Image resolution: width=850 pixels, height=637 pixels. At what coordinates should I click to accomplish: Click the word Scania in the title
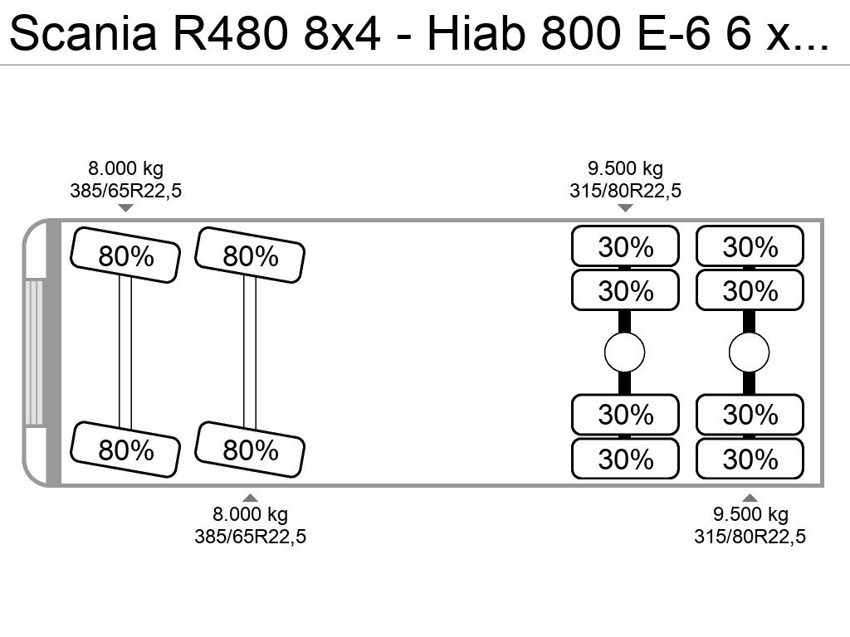point(83,33)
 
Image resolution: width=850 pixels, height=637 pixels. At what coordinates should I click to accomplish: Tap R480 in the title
point(231,33)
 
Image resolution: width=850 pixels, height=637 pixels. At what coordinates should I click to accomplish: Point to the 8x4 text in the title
point(342,33)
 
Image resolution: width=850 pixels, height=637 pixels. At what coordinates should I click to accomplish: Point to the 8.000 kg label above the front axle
point(126,168)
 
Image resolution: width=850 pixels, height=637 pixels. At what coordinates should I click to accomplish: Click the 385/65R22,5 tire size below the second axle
point(251,537)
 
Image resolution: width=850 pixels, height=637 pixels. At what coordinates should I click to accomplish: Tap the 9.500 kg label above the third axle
point(626,168)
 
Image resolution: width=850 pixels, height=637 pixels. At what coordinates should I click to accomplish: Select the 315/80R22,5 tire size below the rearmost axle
point(750,537)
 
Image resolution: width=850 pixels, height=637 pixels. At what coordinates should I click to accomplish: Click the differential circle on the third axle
point(624,353)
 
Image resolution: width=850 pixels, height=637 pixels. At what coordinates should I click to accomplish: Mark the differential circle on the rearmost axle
point(750,353)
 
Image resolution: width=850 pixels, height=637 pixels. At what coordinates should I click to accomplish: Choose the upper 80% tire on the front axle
point(125,255)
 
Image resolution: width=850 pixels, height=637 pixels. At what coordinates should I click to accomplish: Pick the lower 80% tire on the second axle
point(250,450)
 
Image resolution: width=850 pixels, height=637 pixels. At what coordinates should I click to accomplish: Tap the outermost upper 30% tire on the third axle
point(626,246)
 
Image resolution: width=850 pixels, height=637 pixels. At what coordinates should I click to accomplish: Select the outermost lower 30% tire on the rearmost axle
point(750,459)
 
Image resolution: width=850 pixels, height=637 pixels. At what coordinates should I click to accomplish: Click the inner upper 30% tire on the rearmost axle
point(750,290)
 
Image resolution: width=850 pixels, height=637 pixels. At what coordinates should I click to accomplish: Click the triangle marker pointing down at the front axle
point(126,208)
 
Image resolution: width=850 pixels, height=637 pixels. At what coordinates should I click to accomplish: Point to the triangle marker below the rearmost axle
point(750,498)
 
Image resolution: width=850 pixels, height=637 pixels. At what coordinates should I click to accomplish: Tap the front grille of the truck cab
point(33,353)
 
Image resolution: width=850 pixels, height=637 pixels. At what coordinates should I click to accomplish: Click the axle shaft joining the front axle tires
point(125,352)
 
